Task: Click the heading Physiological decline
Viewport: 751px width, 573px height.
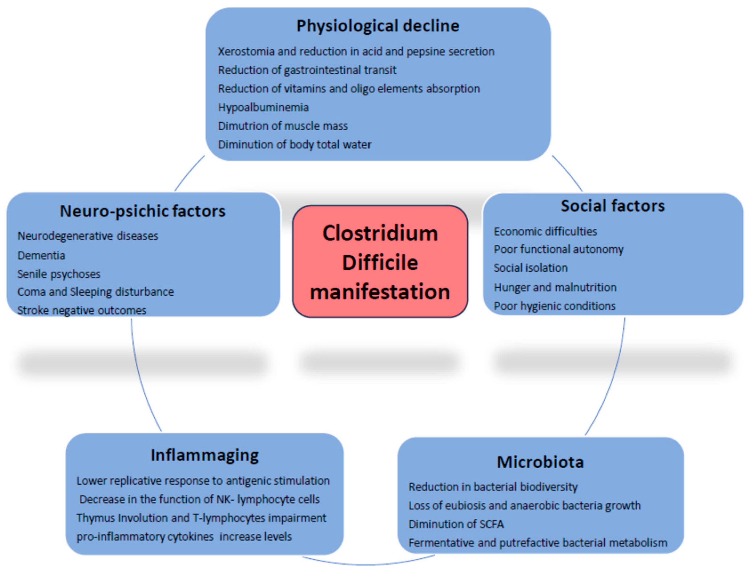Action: tap(377, 26)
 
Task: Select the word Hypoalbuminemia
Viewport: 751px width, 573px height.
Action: tap(263, 108)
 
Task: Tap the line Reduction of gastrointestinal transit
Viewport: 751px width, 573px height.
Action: tap(307, 70)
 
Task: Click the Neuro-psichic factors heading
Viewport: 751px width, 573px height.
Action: tap(143, 211)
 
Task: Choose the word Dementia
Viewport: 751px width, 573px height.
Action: tap(41, 255)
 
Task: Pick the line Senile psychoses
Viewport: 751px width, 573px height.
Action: tap(59, 274)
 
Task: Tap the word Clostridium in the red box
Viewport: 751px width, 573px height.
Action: tap(380, 234)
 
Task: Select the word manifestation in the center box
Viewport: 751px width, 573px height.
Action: tap(380, 292)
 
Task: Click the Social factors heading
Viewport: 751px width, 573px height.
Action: tap(613, 206)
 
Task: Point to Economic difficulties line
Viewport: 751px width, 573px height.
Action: tap(545, 232)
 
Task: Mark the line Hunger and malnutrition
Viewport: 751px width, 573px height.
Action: tap(555, 287)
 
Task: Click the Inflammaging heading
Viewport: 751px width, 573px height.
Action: tap(205, 455)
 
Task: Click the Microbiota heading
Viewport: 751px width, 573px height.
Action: tap(540, 462)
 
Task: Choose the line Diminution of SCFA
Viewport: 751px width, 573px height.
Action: tap(456, 524)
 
